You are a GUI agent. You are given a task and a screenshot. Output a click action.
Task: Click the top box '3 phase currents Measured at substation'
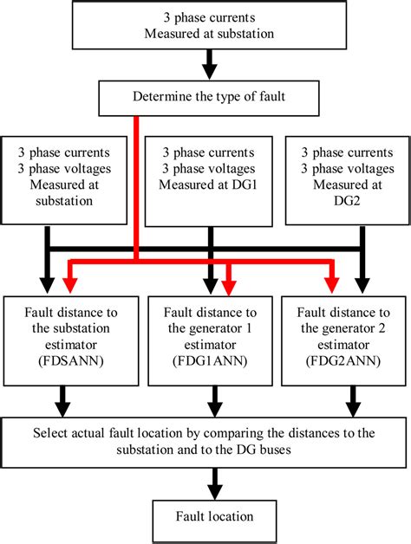click(x=205, y=25)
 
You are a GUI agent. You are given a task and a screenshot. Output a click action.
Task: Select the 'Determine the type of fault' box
click(x=205, y=96)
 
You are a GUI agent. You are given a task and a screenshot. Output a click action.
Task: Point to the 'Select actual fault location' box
click(x=205, y=442)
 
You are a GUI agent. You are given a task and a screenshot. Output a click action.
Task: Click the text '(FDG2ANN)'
click(x=345, y=361)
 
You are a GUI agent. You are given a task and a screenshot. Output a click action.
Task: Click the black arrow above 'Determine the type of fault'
click(x=206, y=66)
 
